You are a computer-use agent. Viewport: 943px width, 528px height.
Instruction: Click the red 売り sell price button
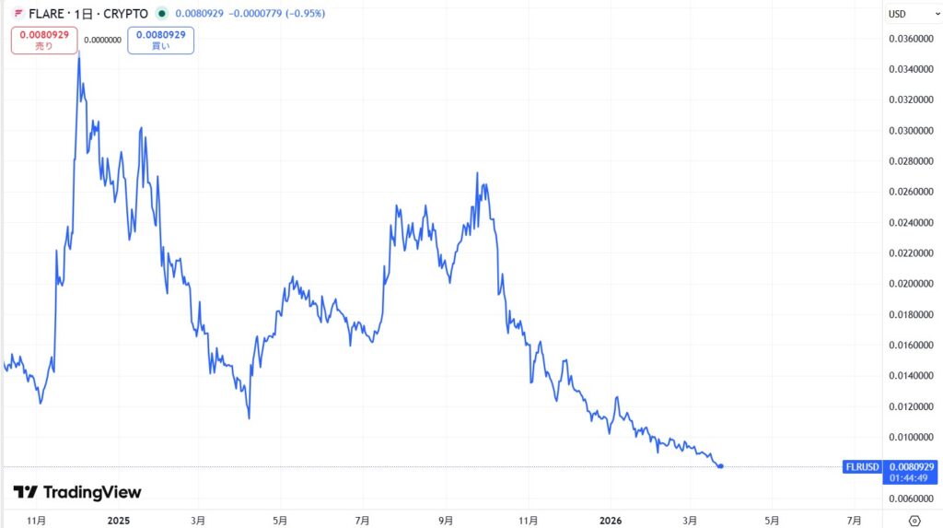(44, 40)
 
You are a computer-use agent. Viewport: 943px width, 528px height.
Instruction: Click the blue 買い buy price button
(161, 40)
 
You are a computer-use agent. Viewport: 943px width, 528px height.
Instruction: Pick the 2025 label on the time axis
(120, 521)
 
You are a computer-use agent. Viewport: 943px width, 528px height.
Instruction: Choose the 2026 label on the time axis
(610, 521)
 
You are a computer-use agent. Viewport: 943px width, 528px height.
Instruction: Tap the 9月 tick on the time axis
(446, 521)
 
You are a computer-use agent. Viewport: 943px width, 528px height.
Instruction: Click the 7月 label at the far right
(854, 521)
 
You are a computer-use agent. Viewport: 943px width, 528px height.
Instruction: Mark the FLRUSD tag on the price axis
(862, 467)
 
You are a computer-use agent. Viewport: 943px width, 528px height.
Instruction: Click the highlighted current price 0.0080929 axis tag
(910, 467)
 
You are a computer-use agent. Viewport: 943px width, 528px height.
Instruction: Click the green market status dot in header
(162, 14)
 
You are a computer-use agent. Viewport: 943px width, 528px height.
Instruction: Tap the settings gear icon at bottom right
(914, 521)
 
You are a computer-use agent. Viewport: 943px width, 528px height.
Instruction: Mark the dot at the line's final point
(720, 466)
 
